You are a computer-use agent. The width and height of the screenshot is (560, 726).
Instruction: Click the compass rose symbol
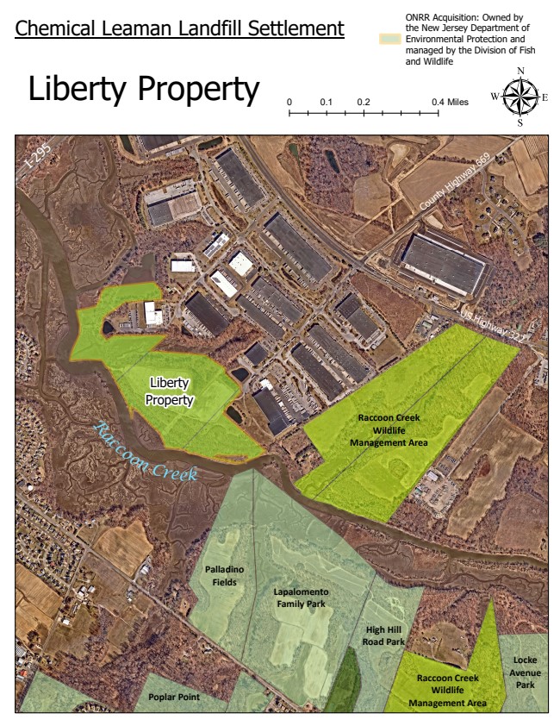[520, 97]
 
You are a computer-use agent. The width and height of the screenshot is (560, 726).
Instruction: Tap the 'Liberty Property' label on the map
[169, 391]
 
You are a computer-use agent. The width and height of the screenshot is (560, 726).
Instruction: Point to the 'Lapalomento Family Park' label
[302, 598]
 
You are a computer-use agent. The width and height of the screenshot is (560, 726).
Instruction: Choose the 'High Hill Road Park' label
[384, 635]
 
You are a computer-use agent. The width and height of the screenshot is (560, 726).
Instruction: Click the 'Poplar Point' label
[171, 697]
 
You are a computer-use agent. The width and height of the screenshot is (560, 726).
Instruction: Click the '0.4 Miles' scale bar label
[451, 102]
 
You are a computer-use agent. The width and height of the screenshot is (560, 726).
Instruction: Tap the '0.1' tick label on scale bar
[326, 102]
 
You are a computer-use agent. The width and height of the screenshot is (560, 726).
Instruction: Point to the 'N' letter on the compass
[520, 72]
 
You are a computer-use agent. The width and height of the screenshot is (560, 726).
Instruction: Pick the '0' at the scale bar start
[289, 102]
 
